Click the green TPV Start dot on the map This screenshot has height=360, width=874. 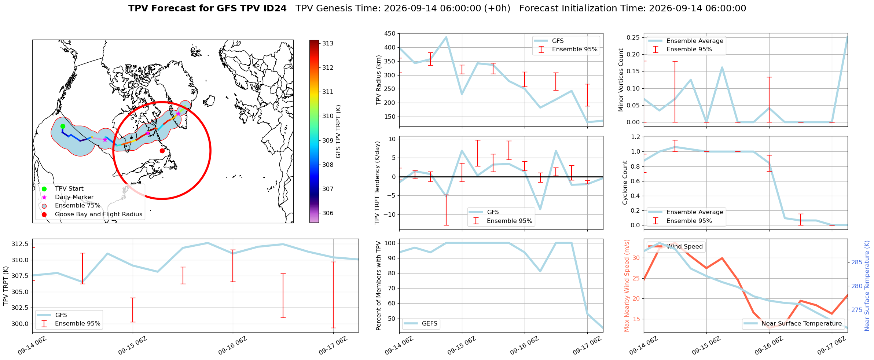(63, 126)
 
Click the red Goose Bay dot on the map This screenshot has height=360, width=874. (162, 151)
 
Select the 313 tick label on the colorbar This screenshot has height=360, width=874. (328, 43)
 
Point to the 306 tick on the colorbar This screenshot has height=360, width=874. (328, 213)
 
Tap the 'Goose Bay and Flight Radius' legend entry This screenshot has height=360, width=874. (99, 214)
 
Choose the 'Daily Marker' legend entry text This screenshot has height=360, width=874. (74, 197)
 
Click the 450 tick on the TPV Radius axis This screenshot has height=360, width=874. (390, 34)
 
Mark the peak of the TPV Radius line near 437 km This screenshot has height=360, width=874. (446, 37)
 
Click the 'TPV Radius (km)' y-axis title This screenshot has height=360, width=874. (379, 80)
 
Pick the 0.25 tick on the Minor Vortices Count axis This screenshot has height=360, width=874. (634, 37)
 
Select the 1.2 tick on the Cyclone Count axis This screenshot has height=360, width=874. (635, 137)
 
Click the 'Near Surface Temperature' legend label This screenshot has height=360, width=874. (802, 324)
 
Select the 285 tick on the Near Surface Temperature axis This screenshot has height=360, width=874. (857, 262)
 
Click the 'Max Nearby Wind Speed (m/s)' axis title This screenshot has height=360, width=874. (627, 286)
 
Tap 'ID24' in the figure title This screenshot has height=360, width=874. (275, 8)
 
